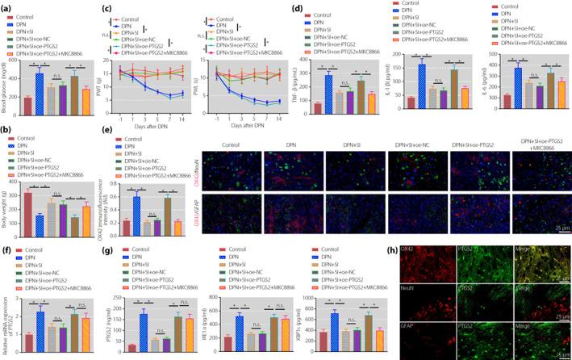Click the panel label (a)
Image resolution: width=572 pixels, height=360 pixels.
pos(7,6)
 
